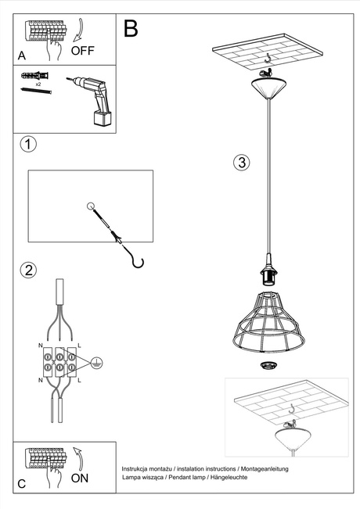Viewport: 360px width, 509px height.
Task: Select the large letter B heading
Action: (131, 29)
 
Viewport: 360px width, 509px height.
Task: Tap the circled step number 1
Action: (27, 145)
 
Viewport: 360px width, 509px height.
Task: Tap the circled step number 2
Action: (27, 271)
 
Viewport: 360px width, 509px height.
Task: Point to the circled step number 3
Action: (242, 163)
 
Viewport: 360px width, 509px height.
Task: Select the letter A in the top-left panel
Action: (21, 56)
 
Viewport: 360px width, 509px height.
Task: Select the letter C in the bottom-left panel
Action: (21, 484)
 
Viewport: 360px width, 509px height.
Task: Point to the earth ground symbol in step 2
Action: (95, 363)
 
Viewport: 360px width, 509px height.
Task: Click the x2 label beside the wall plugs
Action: (38, 83)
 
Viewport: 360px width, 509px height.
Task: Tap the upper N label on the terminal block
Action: (41, 344)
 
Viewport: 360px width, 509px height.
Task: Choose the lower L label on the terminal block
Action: (79, 379)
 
